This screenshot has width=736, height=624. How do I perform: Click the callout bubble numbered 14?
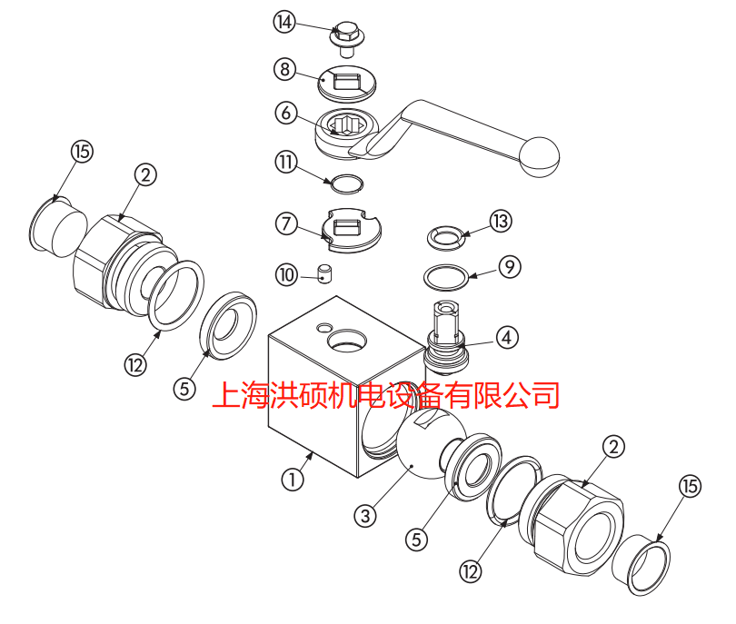[x=285, y=23]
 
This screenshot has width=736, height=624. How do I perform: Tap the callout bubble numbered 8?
[x=285, y=68]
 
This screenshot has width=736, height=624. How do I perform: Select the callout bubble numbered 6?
[x=285, y=114]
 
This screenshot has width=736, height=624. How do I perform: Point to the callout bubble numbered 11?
[x=285, y=162]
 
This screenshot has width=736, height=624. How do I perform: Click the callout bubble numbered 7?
[x=285, y=223]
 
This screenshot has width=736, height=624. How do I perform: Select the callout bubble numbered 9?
[x=508, y=267]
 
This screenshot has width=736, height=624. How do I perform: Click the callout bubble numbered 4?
[x=506, y=337]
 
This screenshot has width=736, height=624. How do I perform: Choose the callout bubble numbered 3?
[x=364, y=515]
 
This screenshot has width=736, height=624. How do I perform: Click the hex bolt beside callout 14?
[x=347, y=36]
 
